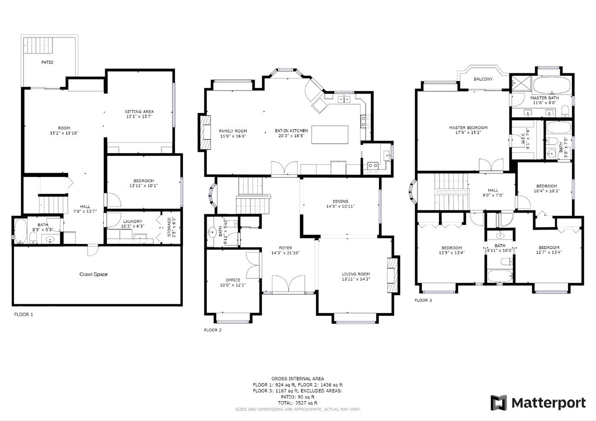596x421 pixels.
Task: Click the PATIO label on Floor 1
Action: [47, 62]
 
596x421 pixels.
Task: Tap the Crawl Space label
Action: [94, 274]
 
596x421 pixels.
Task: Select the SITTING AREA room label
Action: [139, 111]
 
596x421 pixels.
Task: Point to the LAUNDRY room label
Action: [133, 221]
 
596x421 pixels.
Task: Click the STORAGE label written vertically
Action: [169, 227]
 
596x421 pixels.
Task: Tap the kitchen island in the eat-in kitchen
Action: [330, 135]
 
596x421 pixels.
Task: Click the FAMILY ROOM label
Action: [233, 131]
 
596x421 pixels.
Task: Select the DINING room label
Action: [340, 201]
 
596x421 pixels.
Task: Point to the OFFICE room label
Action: [233, 280]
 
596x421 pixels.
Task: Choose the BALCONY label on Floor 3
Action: [483, 79]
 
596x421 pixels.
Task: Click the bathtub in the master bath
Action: [552, 85]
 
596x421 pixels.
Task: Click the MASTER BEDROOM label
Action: [468, 128]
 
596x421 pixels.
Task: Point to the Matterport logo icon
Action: [498, 403]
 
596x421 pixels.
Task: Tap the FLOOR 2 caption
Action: [213, 330]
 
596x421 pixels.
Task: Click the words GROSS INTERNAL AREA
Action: [298, 379]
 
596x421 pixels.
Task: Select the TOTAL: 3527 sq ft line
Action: [298, 403]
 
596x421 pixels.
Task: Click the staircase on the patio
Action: [38, 46]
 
